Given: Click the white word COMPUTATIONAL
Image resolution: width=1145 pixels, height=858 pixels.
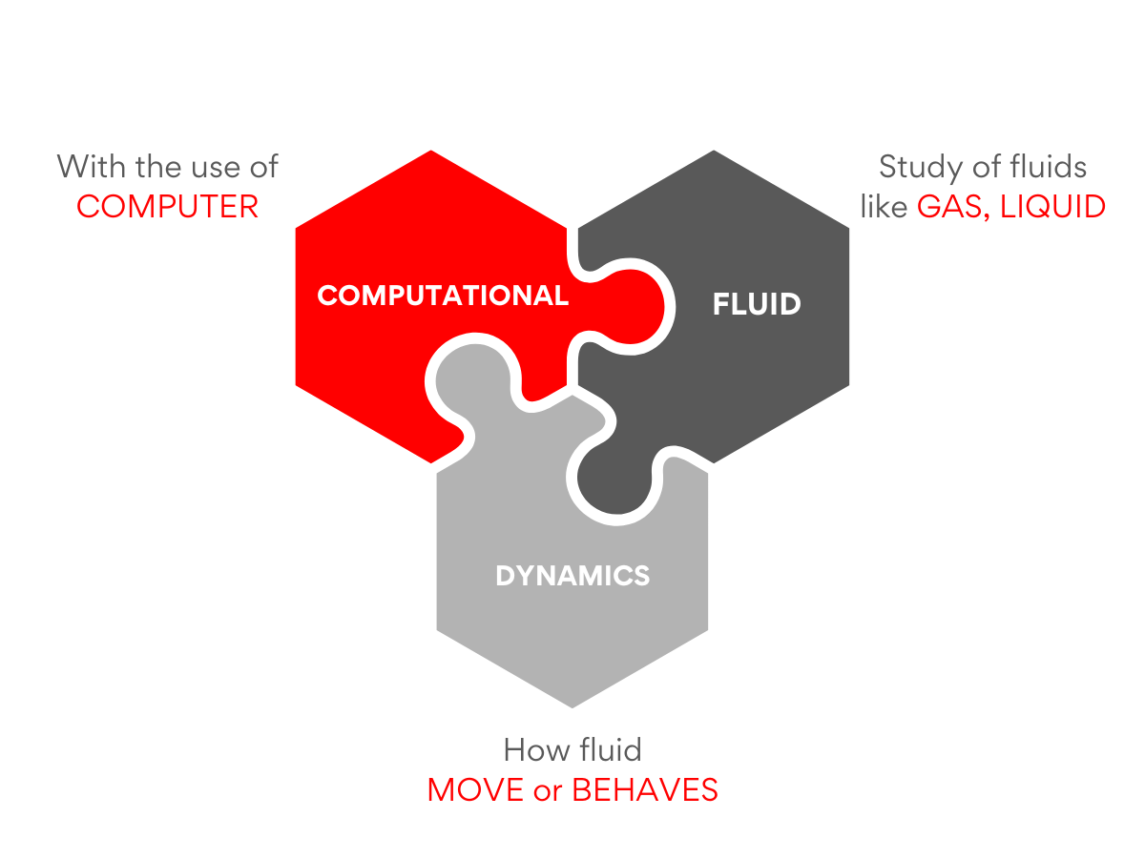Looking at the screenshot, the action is (443, 296).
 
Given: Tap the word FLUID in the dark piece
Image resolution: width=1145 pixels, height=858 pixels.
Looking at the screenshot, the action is (757, 304).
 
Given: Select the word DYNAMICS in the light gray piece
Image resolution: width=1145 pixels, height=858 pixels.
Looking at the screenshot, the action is (572, 576).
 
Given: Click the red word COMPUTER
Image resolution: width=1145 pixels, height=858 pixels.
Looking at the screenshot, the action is (167, 206).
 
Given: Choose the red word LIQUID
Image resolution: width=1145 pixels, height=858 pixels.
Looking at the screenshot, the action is (1052, 207).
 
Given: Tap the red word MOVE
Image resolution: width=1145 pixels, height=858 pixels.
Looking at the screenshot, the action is (475, 789).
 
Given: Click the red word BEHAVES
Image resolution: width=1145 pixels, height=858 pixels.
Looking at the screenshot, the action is (645, 789).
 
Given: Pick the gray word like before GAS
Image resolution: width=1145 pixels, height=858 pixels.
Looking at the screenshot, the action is (885, 207).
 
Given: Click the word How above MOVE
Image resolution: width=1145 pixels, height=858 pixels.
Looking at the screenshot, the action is (537, 750).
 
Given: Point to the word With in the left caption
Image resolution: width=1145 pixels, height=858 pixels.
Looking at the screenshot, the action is (92, 167).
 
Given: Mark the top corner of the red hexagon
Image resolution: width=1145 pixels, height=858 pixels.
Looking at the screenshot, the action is (431, 151).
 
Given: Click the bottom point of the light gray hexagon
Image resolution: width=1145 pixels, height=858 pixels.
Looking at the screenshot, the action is (572, 707).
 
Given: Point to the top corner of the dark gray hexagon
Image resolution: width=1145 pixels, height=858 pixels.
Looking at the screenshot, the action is (714, 151).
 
